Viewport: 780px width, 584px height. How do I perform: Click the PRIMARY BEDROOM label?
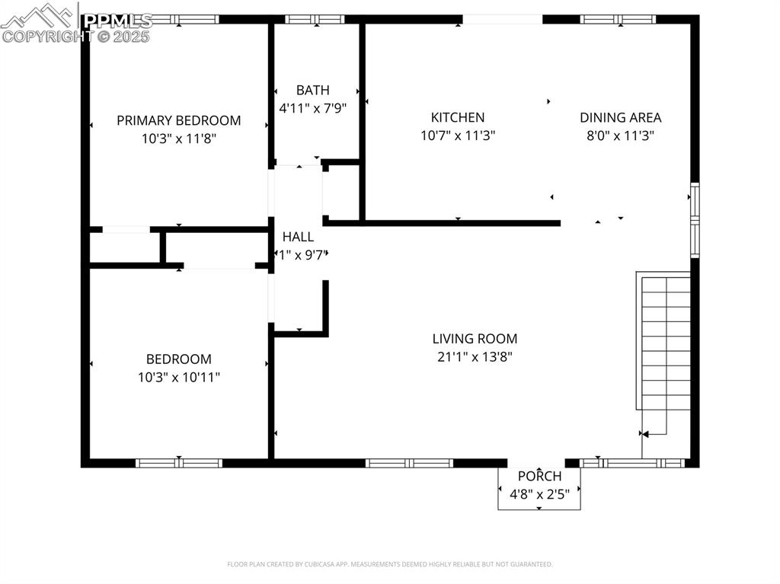(178, 120)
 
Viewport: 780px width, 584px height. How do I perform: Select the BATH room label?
(313, 91)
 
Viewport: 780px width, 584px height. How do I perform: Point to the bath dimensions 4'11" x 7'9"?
(313, 108)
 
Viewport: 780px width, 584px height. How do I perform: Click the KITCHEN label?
(457, 117)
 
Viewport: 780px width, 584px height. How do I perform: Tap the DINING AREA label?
(620, 117)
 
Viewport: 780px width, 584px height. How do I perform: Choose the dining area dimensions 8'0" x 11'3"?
(620, 136)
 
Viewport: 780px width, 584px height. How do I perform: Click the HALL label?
(298, 237)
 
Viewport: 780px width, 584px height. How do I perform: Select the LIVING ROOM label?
(475, 339)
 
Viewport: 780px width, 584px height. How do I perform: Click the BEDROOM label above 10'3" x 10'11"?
(179, 359)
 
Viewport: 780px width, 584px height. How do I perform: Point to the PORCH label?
(539, 476)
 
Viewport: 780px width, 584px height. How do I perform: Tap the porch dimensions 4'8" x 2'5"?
(539, 493)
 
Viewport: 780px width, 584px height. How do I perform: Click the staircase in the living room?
(664, 343)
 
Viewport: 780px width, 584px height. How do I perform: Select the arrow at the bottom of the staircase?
(644, 435)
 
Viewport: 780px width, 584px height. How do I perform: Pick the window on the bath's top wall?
(315, 19)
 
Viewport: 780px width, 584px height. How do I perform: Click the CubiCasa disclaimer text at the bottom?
(389, 564)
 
